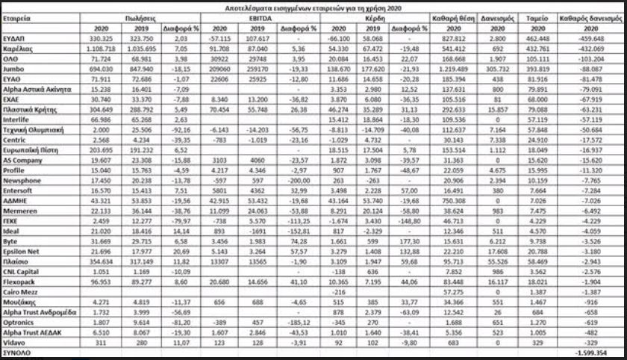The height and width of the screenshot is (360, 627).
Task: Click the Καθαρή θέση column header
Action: [x=450, y=15]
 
